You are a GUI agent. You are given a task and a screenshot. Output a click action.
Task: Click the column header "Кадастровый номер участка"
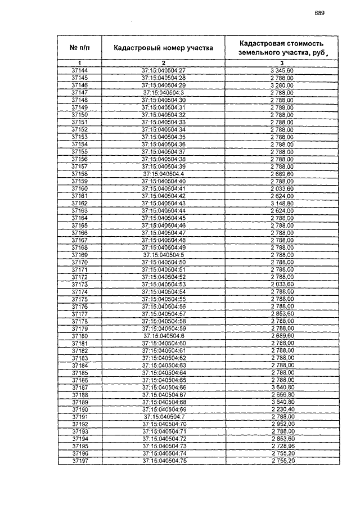click(163, 48)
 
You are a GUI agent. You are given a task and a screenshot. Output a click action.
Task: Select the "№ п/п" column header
click(80, 48)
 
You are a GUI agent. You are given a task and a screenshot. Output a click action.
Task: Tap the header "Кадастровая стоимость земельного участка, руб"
click(282, 48)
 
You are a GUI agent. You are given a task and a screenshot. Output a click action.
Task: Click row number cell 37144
click(80, 70)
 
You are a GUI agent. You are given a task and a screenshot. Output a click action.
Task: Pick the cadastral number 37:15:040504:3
click(164, 92)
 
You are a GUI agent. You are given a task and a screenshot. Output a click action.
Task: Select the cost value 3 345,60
click(282, 70)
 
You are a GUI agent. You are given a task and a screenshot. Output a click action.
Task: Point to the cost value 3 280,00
click(282, 85)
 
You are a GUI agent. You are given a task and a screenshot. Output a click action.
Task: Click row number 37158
click(80, 174)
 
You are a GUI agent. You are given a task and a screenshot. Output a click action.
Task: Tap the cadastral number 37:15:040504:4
click(164, 174)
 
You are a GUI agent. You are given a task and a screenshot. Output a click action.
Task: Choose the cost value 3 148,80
click(282, 203)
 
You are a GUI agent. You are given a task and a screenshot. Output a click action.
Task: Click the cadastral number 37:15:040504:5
click(164, 255)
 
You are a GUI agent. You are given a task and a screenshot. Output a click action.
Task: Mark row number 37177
click(80, 314)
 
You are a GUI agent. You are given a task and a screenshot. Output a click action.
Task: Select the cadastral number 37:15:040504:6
click(164, 336)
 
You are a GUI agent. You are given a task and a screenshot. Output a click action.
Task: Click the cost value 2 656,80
click(282, 395)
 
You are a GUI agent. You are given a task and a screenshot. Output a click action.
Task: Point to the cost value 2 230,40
click(282, 409)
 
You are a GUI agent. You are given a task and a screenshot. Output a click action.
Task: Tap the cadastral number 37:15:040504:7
click(164, 417)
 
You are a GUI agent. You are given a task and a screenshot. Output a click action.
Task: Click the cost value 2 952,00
click(282, 424)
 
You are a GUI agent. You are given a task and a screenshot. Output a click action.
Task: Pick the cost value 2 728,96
click(282, 446)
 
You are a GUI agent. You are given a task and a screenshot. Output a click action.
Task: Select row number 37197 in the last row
click(80, 461)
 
